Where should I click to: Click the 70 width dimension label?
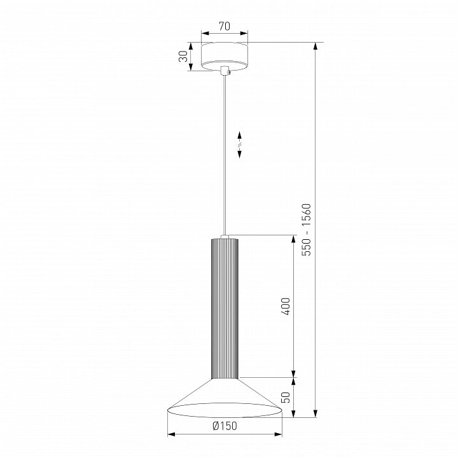pos(225,26)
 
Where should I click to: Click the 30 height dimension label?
pos(184,57)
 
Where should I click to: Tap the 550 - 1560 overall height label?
pos(307,230)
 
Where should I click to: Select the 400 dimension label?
pos(286,307)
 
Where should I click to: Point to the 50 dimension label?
pos(286,397)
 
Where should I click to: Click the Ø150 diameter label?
pos(225,426)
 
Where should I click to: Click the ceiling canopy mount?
pos(225,57)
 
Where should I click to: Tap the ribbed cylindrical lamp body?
pos(225,309)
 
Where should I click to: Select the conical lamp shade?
pos(225,398)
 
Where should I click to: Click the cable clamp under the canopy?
pos(225,71)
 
